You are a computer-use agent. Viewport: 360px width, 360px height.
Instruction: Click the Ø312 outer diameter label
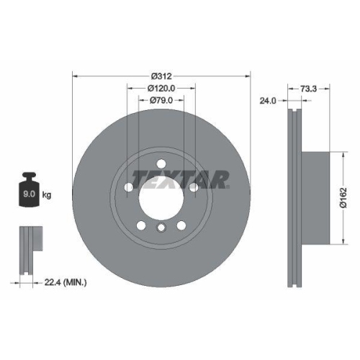coord(161,76)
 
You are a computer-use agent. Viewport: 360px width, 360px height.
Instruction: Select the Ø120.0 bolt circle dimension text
coord(162,88)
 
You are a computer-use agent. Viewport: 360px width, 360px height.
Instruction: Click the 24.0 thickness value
coord(268,102)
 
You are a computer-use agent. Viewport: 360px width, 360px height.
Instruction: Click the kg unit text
coord(48,195)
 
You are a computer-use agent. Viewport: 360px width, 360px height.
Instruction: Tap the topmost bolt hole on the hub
coord(161,163)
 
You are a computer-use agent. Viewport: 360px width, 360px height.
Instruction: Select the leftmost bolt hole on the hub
coord(129,187)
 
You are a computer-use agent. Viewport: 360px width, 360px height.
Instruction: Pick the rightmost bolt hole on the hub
coord(194,187)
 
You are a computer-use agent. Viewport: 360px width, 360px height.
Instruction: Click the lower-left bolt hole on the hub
coord(141,225)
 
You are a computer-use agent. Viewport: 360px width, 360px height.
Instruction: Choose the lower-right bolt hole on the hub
coord(181,225)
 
